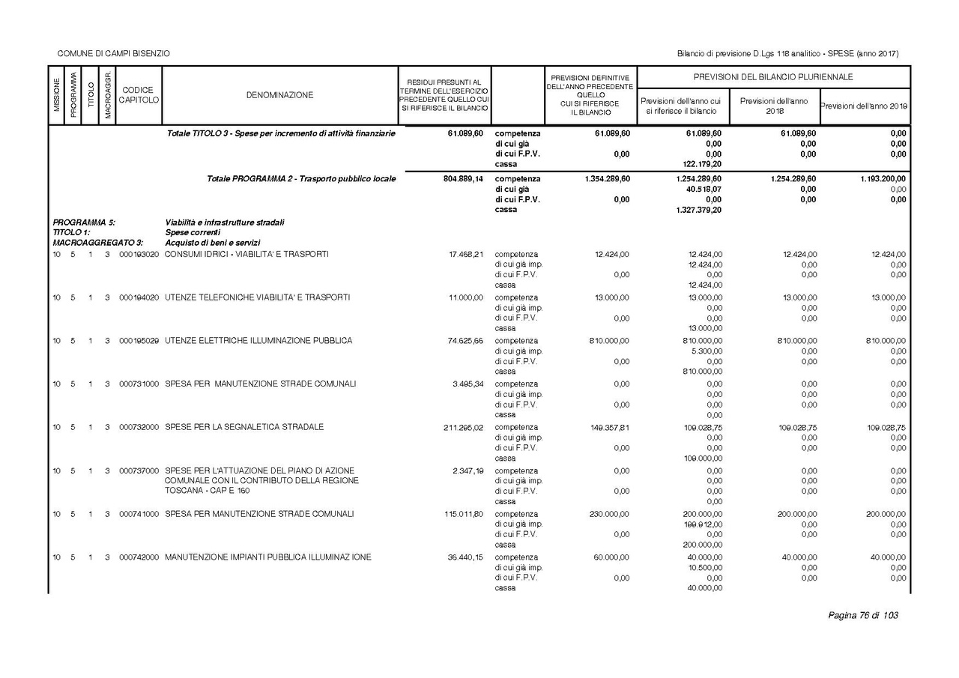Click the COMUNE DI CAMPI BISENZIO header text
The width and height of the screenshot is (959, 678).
(x=114, y=53)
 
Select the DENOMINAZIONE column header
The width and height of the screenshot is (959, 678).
(x=279, y=95)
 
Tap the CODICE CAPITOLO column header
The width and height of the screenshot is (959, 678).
(x=139, y=95)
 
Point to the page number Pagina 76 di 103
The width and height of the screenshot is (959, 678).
(x=863, y=616)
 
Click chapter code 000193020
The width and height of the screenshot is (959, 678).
(x=139, y=254)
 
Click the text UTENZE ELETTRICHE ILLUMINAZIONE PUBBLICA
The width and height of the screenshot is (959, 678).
(x=258, y=341)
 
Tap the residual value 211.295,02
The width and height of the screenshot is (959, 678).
(x=464, y=428)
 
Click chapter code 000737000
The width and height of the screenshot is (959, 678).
(x=139, y=470)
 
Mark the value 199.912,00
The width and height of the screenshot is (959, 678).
(x=703, y=524)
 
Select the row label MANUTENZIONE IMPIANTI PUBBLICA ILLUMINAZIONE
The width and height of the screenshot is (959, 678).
(x=268, y=557)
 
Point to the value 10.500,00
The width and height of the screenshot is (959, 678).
(x=704, y=568)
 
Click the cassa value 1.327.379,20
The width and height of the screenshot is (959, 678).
(x=698, y=210)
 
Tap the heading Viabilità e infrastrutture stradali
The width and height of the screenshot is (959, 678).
(x=224, y=223)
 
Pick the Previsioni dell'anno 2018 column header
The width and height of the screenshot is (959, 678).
(x=774, y=106)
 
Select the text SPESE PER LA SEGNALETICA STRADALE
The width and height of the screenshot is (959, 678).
(x=244, y=427)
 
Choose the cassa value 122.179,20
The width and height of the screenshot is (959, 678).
(x=702, y=164)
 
